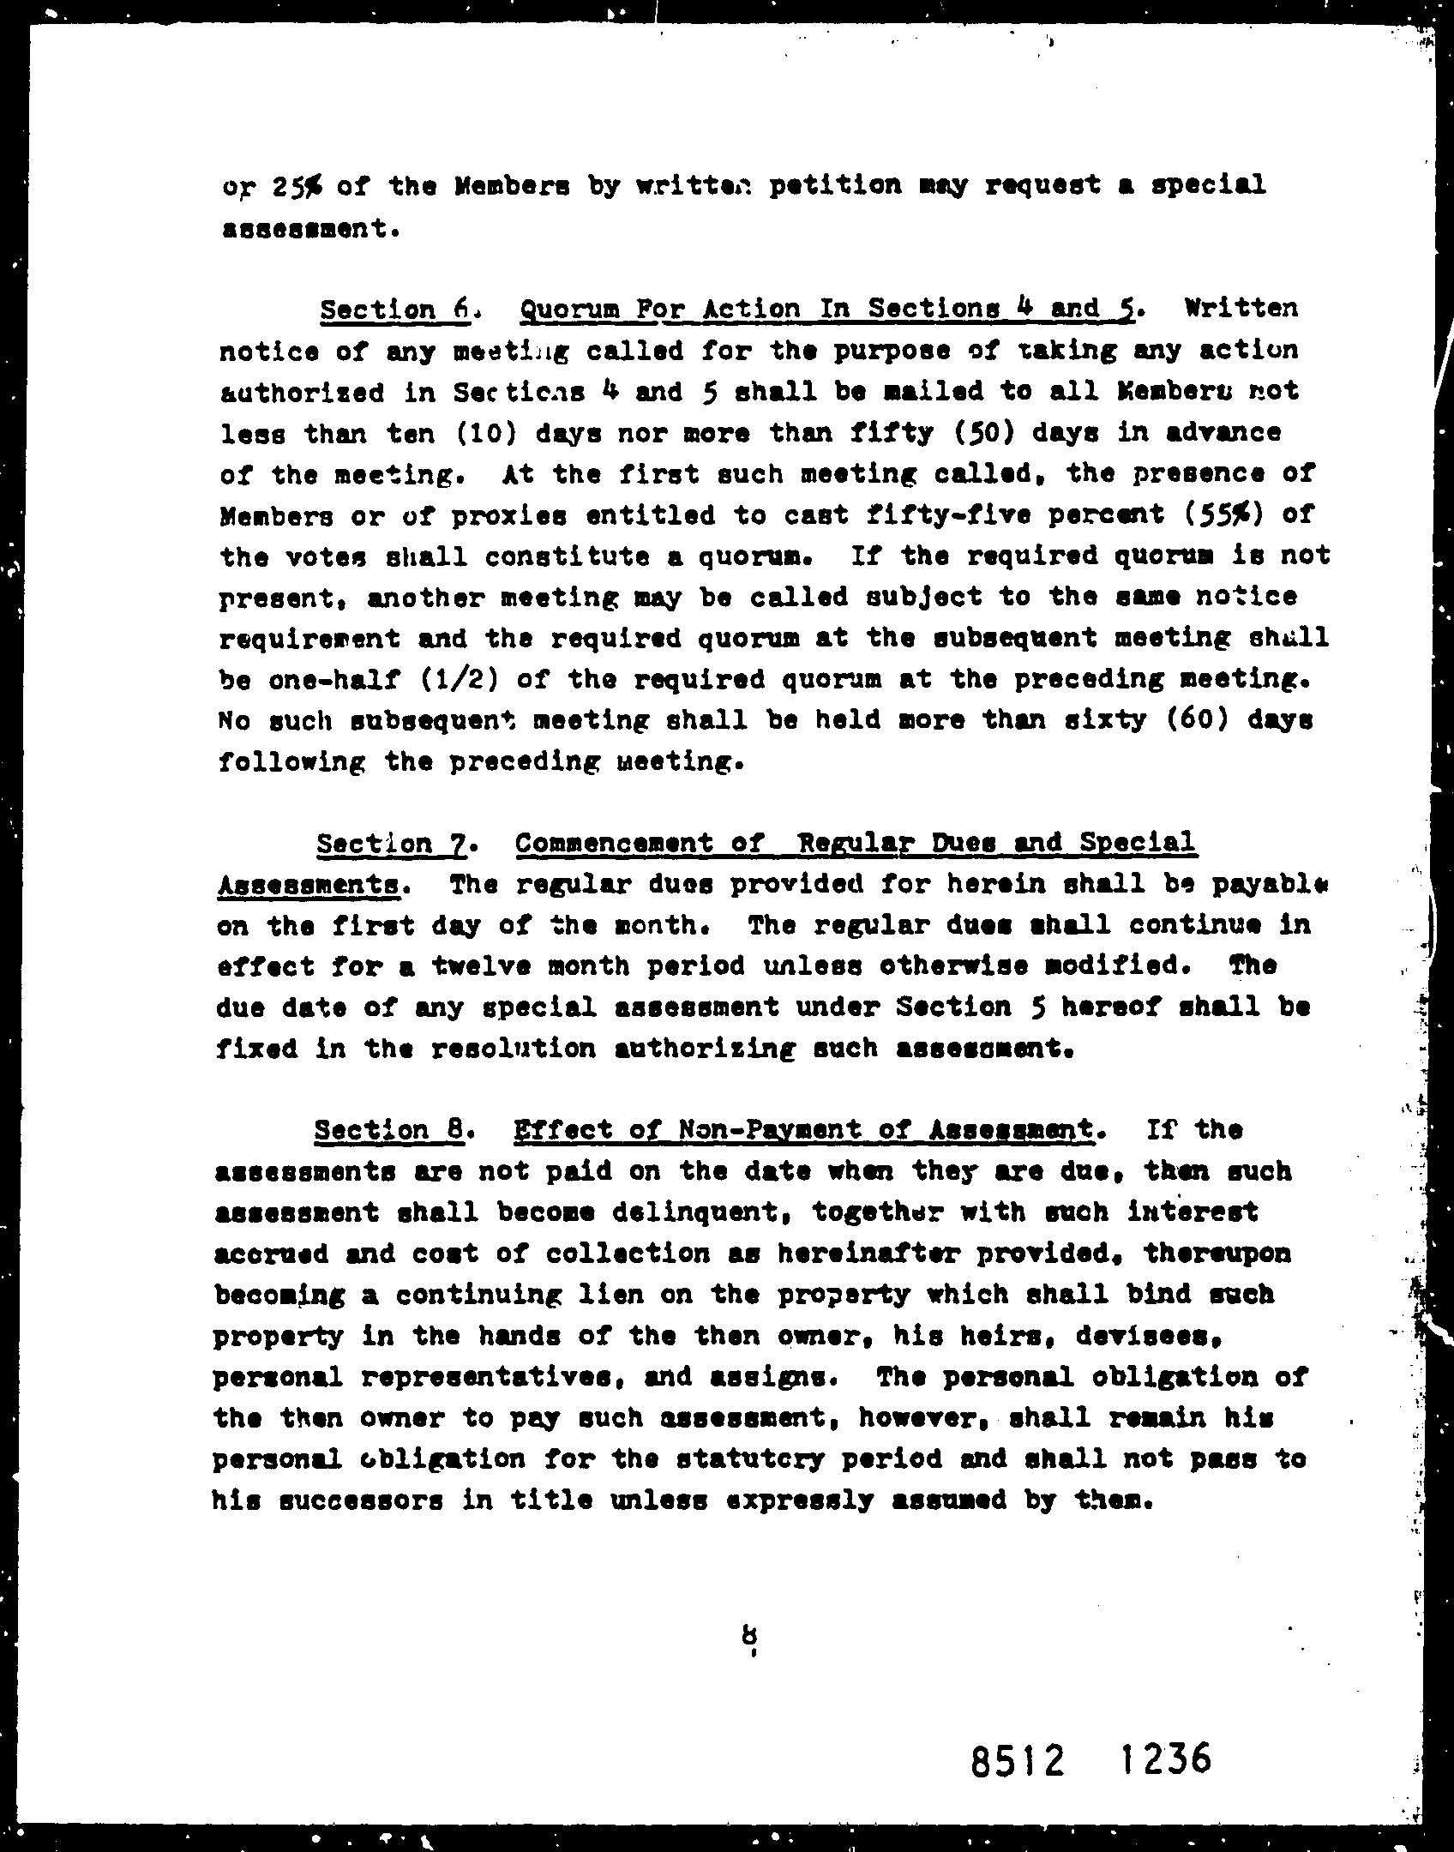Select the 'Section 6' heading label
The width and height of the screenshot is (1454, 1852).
[394, 309]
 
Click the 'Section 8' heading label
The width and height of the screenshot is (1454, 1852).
[389, 1131]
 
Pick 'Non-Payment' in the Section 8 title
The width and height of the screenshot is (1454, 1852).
[767, 1131]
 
